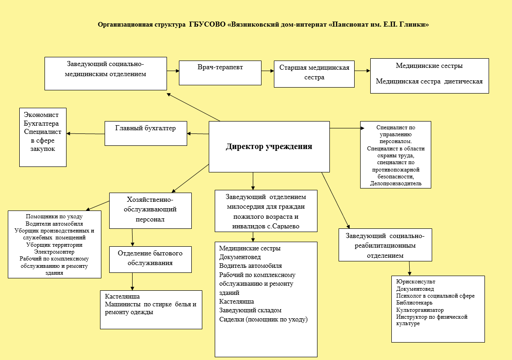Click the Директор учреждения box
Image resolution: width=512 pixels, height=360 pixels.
269,147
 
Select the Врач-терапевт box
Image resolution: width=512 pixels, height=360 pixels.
220,72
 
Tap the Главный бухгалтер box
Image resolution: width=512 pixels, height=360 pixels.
145,133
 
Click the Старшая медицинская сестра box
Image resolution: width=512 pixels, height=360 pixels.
314,73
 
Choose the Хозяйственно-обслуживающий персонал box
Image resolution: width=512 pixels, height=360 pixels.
150,210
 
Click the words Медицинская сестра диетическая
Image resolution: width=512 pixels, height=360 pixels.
429,82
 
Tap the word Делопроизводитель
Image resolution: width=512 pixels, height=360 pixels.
395,183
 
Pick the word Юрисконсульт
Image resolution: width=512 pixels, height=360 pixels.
416,281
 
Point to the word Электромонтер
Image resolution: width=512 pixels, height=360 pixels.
54,252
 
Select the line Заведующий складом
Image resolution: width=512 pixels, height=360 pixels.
250,310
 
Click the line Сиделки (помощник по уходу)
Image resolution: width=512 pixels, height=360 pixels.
263,319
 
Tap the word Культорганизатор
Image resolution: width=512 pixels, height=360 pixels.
420,310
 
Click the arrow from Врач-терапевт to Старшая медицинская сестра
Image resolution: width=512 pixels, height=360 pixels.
267,71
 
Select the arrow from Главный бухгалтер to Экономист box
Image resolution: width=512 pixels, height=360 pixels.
86,133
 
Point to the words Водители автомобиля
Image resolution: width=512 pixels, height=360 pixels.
54,223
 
